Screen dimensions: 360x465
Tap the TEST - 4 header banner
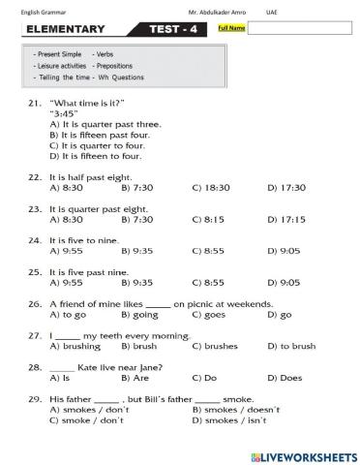(175, 29)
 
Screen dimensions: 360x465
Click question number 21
(34, 103)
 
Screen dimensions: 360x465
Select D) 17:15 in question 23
(285, 219)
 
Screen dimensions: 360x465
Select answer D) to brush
(290, 346)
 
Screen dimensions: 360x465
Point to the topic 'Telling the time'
(62, 76)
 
